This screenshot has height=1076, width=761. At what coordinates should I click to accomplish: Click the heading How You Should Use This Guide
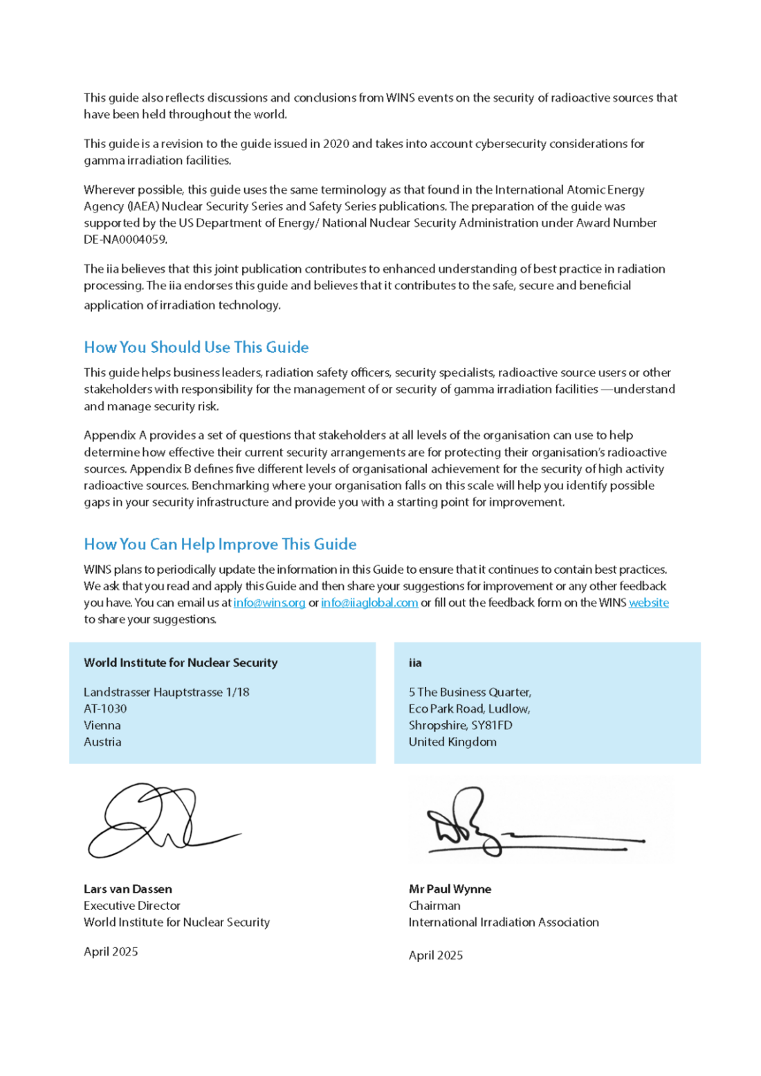click(x=196, y=347)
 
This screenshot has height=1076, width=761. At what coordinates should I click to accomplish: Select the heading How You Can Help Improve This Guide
click(x=220, y=545)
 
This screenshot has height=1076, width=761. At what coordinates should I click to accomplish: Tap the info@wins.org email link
click(x=269, y=603)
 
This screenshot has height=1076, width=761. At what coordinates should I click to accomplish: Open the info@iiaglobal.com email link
click(x=369, y=603)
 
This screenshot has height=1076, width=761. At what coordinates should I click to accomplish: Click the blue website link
click(x=649, y=603)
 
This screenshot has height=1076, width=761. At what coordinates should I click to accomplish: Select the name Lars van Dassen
click(x=128, y=889)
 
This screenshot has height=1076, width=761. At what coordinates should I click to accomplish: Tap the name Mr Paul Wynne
click(x=450, y=889)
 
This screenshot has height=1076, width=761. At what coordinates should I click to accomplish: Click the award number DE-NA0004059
click(x=125, y=239)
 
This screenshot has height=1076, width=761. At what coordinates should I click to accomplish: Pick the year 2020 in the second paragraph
click(x=336, y=144)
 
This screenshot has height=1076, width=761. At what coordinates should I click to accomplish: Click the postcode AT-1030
click(x=105, y=709)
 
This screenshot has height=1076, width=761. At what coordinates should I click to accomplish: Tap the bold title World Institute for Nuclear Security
click(x=181, y=663)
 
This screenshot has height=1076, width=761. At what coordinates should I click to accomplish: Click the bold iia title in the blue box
click(x=415, y=663)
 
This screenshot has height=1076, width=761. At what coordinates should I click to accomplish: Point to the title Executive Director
click(x=132, y=906)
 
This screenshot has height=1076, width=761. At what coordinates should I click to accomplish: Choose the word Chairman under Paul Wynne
click(x=434, y=906)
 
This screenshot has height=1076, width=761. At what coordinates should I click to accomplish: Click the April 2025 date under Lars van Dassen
click(x=111, y=951)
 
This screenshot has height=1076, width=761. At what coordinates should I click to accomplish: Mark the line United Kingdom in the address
click(x=452, y=742)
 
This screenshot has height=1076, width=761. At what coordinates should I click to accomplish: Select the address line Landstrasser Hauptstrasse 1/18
click(x=167, y=692)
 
